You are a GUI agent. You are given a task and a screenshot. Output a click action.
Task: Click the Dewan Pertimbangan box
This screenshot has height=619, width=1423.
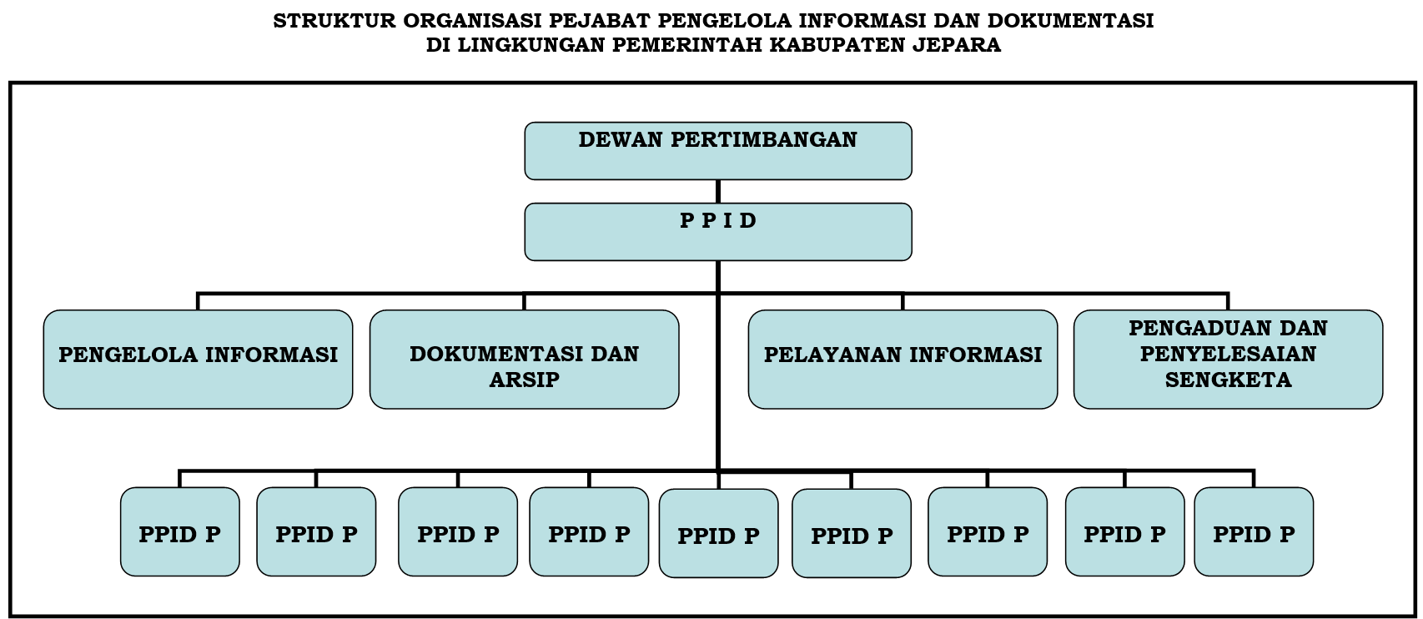pyautogui.click(x=718, y=151)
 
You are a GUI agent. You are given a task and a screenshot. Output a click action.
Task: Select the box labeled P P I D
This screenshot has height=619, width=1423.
pyautogui.click(x=718, y=231)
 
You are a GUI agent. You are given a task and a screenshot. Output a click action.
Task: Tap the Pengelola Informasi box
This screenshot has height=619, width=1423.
pyautogui.click(x=198, y=359)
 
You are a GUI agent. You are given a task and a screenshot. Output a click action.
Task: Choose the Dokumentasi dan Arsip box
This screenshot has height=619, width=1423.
pyautogui.click(x=524, y=359)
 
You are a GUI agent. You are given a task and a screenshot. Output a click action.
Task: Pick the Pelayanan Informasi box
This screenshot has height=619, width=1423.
pyautogui.click(x=903, y=359)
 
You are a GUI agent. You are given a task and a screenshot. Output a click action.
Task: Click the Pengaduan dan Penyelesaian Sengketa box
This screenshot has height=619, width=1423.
pyautogui.click(x=1228, y=359)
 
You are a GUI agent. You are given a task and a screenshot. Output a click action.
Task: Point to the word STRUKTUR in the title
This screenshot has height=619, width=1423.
pyautogui.click(x=334, y=20)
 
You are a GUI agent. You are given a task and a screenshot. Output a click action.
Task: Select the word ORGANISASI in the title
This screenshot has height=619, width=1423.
pyautogui.click(x=472, y=20)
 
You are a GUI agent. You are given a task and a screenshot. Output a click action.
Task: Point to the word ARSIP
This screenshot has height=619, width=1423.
pyautogui.click(x=524, y=380)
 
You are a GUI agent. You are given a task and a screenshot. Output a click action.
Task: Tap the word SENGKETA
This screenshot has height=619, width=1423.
pyautogui.click(x=1228, y=380)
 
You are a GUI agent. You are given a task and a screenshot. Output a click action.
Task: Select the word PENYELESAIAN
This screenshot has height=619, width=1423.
pyautogui.click(x=1228, y=354)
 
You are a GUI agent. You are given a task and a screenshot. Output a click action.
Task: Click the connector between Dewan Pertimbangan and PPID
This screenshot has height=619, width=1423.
pyautogui.click(x=718, y=191)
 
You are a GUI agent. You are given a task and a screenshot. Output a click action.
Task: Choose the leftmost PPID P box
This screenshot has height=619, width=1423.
pyautogui.click(x=180, y=532)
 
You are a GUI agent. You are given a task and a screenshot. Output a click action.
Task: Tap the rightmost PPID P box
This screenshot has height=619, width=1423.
pyautogui.click(x=1254, y=532)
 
